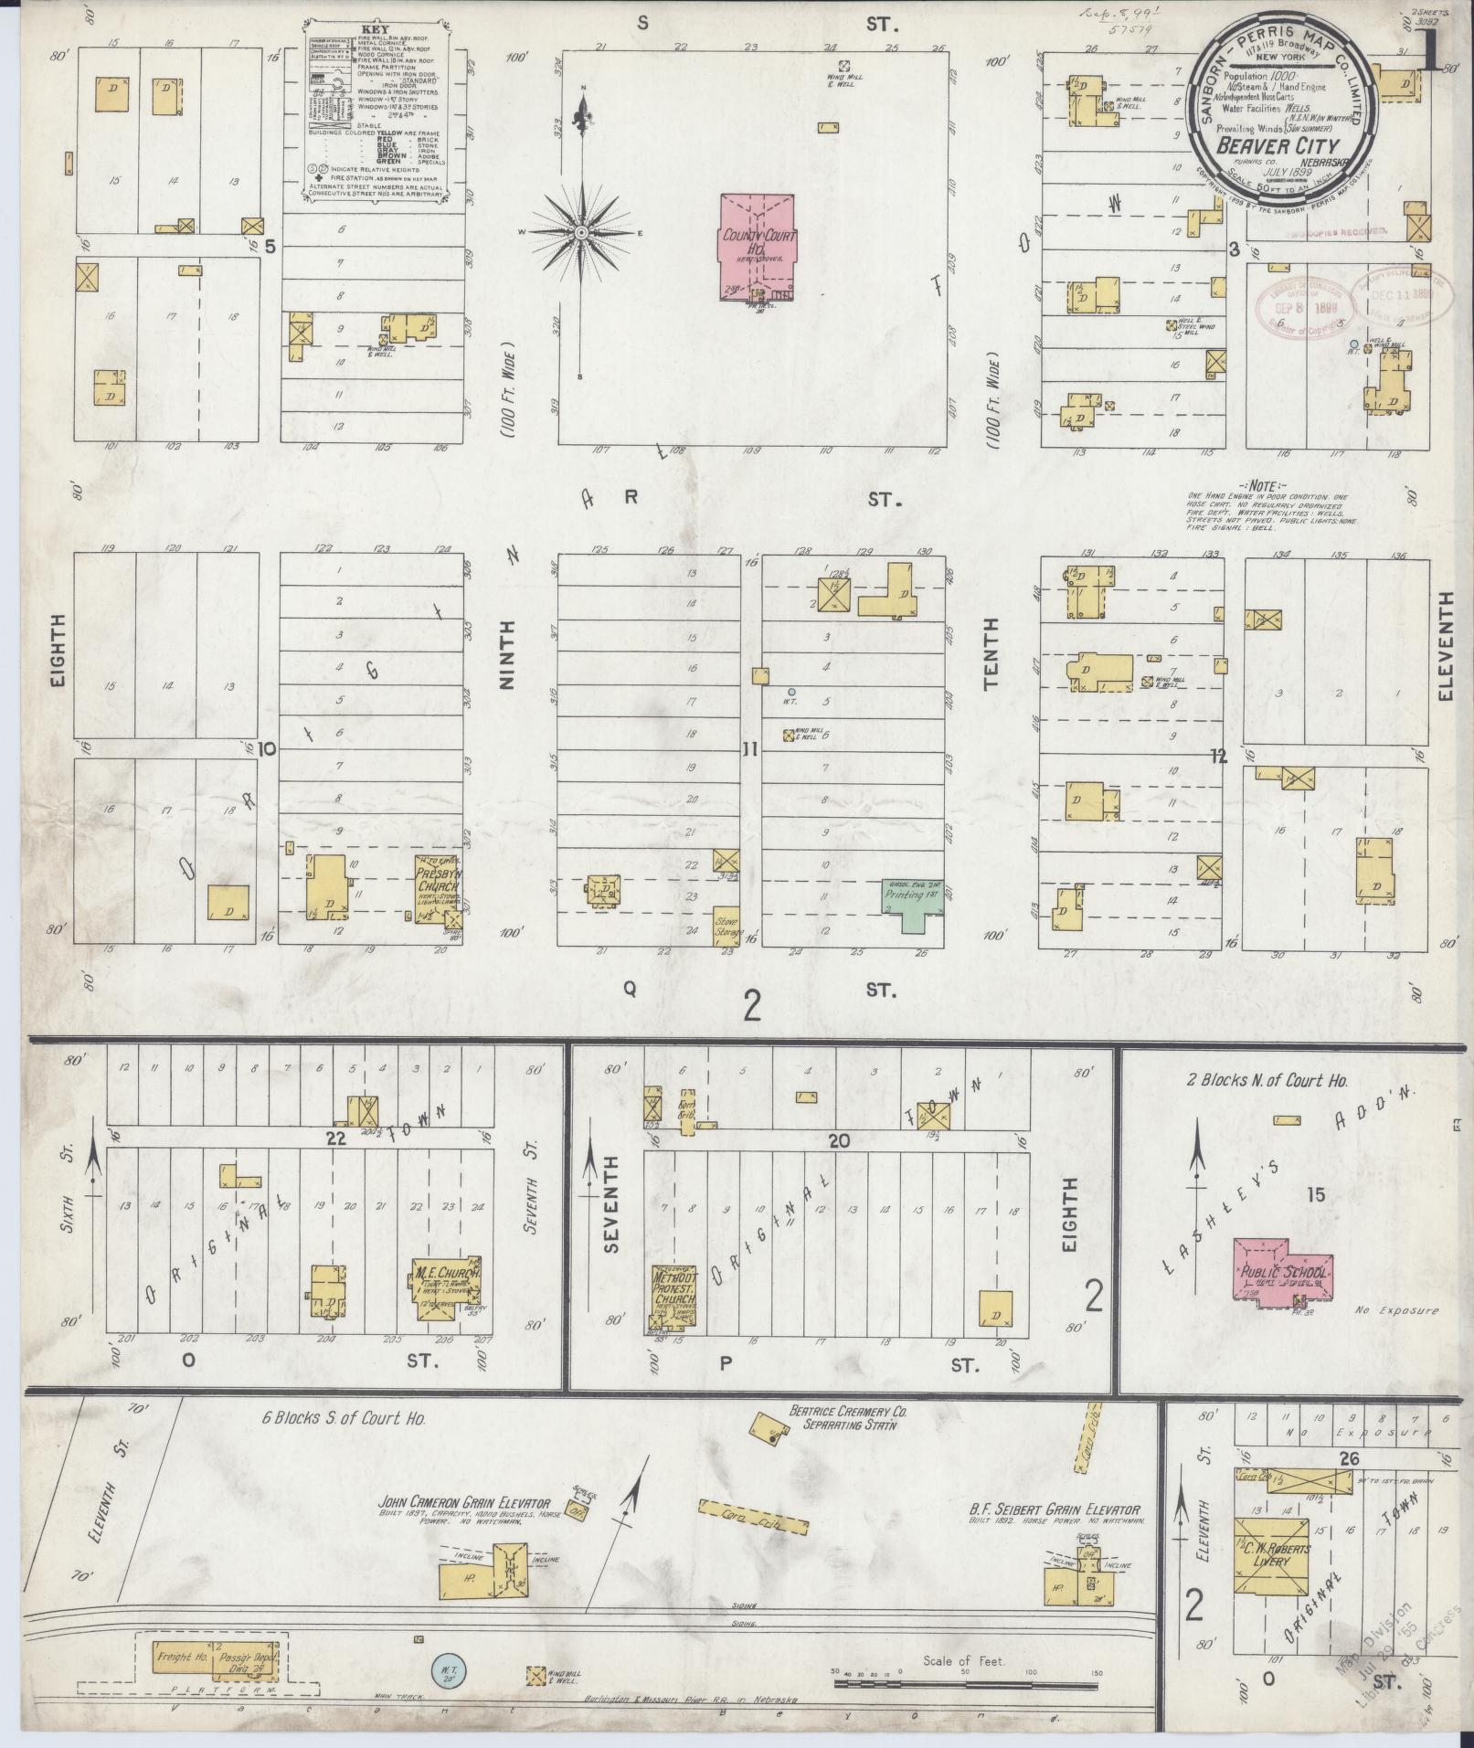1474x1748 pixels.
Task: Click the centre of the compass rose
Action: [580, 233]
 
